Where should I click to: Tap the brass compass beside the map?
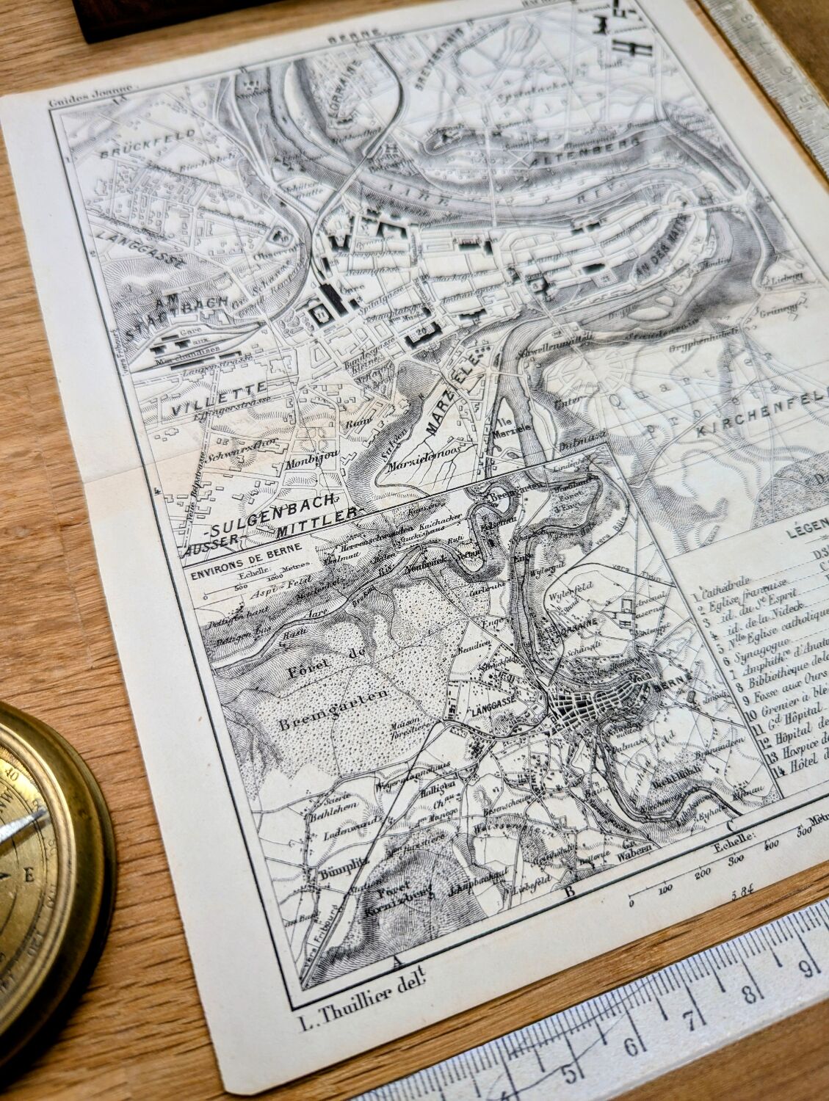(x=44, y=844)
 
